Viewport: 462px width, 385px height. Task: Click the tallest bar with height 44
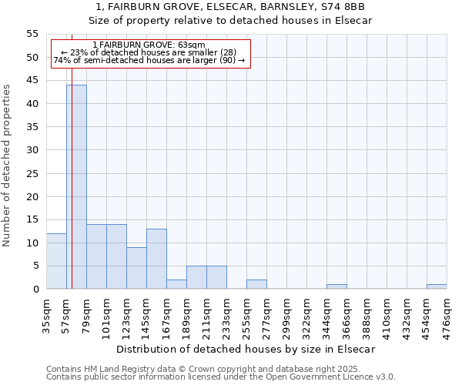click(x=76, y=187)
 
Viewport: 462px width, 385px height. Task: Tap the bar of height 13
click(x=156, y=259)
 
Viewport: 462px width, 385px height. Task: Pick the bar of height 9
click(x=136, y=268)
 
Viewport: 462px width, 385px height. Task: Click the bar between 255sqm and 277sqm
click(x=256, y=284)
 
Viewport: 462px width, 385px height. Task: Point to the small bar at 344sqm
click(x=336, y=286)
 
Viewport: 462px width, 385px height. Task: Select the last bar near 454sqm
click(x=437, y=286)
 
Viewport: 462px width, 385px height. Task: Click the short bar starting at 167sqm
click(x=176, y=284)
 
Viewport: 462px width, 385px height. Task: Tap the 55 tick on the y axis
click(x=32, y=34)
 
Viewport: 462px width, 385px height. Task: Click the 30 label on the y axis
click(x=32, y=150)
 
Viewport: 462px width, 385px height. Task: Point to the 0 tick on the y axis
click(x=35, y=290)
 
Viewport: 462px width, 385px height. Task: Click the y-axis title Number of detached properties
click(x=8, y=166)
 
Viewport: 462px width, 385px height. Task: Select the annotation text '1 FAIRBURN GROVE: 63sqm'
click(x=149, y=45)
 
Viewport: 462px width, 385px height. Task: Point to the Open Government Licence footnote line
click(x=221, y=377)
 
